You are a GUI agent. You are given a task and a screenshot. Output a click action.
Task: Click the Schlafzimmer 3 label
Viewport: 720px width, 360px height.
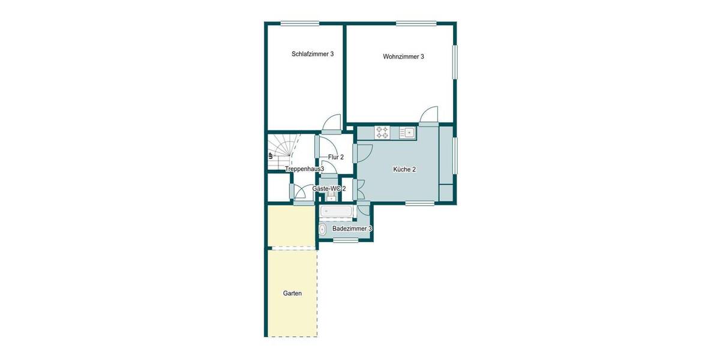pyautogui.click(x=313, y=54)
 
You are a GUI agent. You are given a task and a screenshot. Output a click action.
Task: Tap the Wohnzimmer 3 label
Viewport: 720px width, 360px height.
pyautogui.click(x=403, y=57)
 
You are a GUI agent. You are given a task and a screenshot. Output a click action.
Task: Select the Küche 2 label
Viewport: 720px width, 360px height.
pyautogui.click(x=404, y=169)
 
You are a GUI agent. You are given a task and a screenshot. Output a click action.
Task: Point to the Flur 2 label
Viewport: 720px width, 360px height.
pyautogui.click(x=335, y=157)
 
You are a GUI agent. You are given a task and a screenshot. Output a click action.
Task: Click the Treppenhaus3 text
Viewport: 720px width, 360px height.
pyautogui.click(x=304, y=169)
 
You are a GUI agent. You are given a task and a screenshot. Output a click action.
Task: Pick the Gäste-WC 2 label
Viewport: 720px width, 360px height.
pyautogui.click(x=329, y=188)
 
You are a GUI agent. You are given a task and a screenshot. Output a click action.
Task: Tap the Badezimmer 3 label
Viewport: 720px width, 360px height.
pyautogui.click(x=352, y=229)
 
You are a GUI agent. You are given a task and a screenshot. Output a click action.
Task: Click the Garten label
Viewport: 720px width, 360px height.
pyautogui.click(x=292, y=293)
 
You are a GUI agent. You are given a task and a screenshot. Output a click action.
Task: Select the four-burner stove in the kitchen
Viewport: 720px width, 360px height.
pyautogui.click(x=382, y=132)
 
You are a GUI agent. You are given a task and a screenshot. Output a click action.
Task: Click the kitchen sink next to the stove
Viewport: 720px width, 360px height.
pyautogui.click(x=409, y=132)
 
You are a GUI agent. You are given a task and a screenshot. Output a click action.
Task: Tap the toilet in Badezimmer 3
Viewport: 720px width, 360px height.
pyautogui.click(x=323, y=229)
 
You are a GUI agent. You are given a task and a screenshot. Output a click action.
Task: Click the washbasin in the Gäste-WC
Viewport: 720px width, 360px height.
pyautogui.click(x=331, y=197)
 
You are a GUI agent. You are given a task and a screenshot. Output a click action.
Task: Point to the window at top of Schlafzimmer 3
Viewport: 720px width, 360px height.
pyautogui.click(x=299, y=23)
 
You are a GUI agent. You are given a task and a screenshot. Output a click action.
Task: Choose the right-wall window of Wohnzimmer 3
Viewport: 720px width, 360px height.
pyautogui.click(x=455, y=62)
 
